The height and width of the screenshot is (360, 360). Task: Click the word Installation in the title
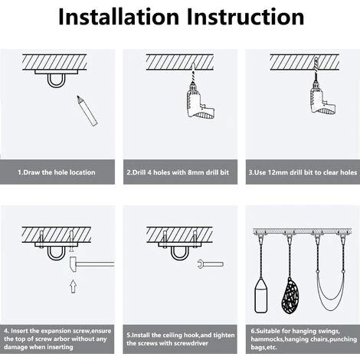click(119, 17)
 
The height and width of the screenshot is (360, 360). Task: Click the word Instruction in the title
click(245, 17)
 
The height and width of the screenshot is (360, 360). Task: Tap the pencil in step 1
click(87, 111)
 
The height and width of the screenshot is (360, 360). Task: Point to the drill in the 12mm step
click(322, 94)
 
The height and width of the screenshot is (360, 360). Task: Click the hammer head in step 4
click(74, 264)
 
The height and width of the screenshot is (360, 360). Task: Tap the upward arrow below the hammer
click(74, 286)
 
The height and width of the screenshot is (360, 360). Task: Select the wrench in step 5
click(211, 264)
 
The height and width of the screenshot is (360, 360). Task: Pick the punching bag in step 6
click(261, 296)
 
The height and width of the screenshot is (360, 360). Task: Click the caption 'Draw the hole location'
click(59, 172)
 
